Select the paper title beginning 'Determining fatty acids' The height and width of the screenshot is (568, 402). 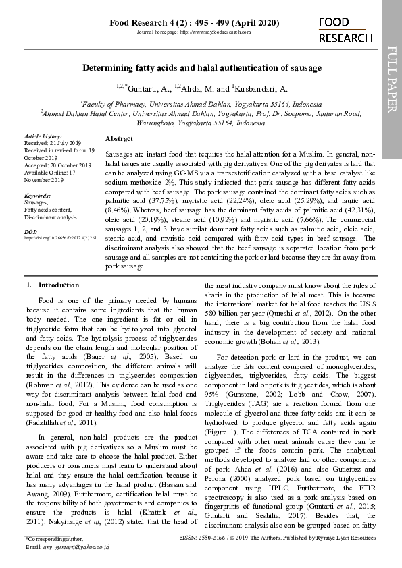201,68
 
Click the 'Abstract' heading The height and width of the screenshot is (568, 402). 119,138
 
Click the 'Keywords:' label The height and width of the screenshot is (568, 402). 37,196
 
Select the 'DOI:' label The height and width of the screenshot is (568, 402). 30,231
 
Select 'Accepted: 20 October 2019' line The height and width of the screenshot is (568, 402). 57,165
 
